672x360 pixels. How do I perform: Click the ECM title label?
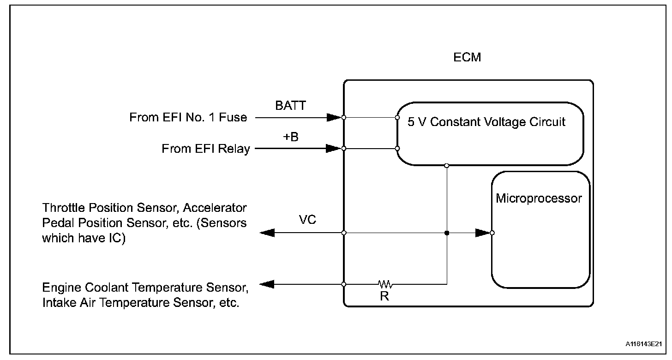tap(467, 57)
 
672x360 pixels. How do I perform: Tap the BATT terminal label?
tap(290, 106)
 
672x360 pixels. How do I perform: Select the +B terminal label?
tap(291, 137)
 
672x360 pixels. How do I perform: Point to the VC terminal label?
tap(307, 220)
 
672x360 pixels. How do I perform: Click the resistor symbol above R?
tap(385, 284)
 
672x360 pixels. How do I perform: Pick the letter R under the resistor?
tap(384, 296)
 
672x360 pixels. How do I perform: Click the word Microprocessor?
tap(539, 198)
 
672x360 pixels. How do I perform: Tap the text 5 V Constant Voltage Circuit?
tap(486, 122)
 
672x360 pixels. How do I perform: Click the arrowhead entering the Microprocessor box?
tap(483, 233)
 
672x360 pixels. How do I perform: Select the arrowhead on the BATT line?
tap(334, 117)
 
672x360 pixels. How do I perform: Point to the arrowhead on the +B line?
tap(334, 148)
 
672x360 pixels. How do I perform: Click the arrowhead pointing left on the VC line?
tap(267, 233)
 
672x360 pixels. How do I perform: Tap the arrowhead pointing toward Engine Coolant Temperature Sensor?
tap(267, 284)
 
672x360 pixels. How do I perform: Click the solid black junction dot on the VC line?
tap(447, 233)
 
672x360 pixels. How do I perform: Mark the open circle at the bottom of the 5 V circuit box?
tap(447, 166)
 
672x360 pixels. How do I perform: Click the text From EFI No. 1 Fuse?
tap(188, 117)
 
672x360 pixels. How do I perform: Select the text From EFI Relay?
tap(206, 149)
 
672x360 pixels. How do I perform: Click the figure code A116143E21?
tap(643, 344)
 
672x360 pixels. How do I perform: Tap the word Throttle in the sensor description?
tap(63, 208)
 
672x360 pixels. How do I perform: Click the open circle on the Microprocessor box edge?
tap(492, 233)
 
